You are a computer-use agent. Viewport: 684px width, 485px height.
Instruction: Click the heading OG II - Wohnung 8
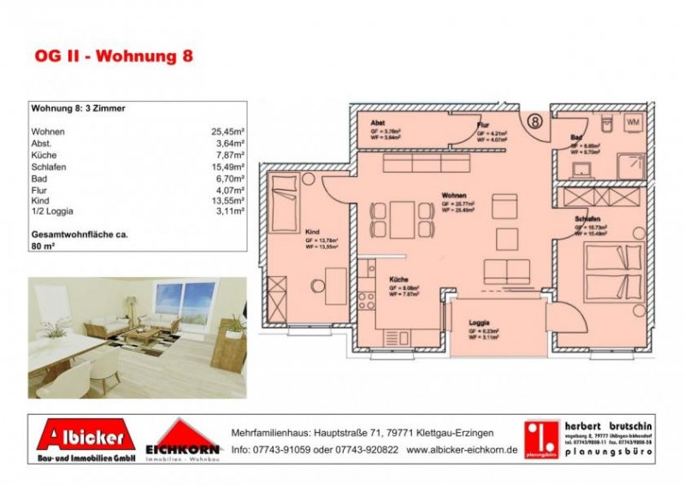pyautogui.click(x=114, y=57)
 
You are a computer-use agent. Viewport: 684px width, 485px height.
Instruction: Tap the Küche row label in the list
pyautogui.click(x=44, y=157)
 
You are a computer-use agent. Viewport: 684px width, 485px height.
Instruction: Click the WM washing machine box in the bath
pyautogui.click(x=634, y=122)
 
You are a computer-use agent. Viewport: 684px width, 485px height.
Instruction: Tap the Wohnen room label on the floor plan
pyautogui.click(x=453, y=195)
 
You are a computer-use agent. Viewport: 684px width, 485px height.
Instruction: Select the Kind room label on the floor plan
pyautogui.click(x=311, y=231)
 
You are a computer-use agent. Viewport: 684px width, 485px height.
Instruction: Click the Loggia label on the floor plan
pyautogui.click(x=480, y=323)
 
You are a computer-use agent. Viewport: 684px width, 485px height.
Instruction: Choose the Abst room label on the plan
pyautogui.click(x=377, y=123)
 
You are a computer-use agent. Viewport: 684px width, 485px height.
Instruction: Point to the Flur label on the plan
pyautogui.click(x=482, y=125)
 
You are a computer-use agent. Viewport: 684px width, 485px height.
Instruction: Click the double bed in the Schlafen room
pyautogui.click(x=613, y=270)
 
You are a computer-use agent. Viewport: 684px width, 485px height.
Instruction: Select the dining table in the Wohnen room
pyautogui.click(x=401, y=219)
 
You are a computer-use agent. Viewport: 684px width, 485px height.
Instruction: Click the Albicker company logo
pyautogui.click(x=85, y=440)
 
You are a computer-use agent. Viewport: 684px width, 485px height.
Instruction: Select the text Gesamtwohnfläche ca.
pyautogui.click(x=79, y=233)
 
